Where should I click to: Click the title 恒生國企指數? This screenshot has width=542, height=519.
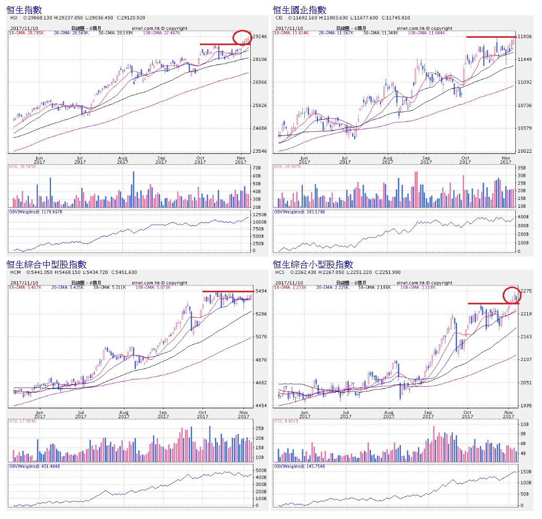(300, 9)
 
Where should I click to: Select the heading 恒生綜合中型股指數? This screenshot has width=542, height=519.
(47, 264)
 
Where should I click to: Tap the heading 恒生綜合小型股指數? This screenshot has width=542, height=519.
(313, 264)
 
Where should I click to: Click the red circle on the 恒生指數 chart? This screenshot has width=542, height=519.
(242, 37)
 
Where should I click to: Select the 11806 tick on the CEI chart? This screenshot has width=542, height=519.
(526, 37)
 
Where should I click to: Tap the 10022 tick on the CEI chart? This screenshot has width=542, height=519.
(526, 151)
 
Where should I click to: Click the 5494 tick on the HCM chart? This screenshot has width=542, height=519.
(261, 291)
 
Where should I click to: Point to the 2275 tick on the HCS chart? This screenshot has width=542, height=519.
(526, 291)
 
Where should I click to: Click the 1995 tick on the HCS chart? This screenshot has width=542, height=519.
(526, 406)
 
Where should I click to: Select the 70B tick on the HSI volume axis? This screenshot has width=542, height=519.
(258, 168)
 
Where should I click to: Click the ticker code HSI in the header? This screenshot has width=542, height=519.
(14, 17)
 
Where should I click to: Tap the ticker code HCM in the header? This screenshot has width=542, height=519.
(15, 272)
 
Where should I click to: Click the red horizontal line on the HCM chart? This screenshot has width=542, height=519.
(227, 291)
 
